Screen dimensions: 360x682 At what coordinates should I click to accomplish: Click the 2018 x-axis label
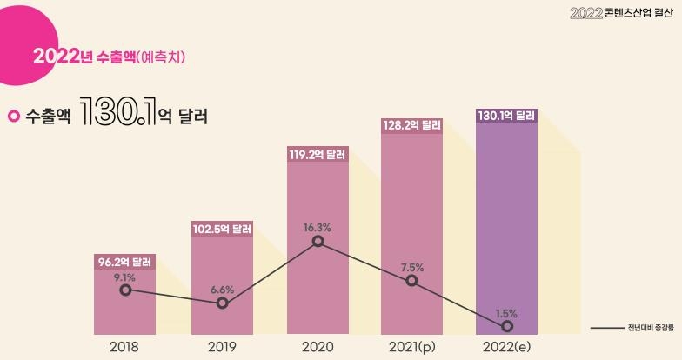pyautogui.click(x=125, y=347)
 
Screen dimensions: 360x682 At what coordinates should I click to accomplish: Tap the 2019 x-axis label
pyautogui.click(x=222, y=347)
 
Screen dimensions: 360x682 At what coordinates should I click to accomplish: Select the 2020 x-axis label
pyautogui.click(x=318, y=347)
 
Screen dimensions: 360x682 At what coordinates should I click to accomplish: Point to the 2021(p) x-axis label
pyautogui.click(x=411, y=347)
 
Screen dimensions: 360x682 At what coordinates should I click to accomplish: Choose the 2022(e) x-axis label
pyautogui.click(x=507, y=347)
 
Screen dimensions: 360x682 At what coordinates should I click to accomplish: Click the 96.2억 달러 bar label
pyautogui.click(x=125, y=261)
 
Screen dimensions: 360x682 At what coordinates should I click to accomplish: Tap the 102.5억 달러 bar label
pyautogui.click(x=222, y=230)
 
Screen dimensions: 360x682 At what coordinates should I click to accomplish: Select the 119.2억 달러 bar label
pyautogui.click(x=318, y=155)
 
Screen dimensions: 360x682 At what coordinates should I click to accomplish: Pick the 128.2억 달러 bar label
pyautogui.click(x=411, y=125)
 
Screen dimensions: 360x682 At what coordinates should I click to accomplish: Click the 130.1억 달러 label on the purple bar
pyautogui.click(x=507, y=116)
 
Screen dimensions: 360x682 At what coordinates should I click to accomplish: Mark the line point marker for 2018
pyautogui.click(x=125, y=290)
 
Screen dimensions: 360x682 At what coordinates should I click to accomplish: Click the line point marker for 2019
pyautogui.click(x=222, y=303)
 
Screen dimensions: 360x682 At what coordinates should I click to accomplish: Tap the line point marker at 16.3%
pyautogui.click(x=318, y=241)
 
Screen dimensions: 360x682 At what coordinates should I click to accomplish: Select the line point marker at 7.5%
pyautogui.click(x=411, y=280)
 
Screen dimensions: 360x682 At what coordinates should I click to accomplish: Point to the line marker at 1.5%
pyautogui.click(x=507, y=326)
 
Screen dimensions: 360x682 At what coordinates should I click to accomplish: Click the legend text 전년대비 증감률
pyautogui.click(x=649, y=328)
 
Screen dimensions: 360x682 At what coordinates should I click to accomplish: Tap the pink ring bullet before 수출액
pyautogui.click(x=13, y=116)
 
